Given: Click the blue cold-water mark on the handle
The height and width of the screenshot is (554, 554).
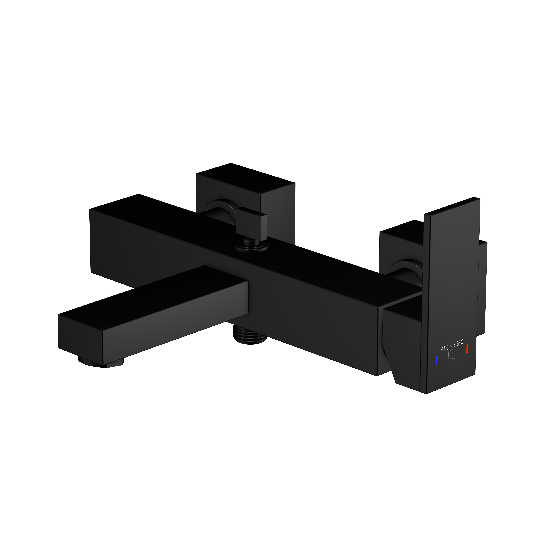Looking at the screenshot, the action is click(436, 361).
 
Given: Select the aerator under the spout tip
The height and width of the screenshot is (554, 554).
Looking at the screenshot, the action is click(102, 362).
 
